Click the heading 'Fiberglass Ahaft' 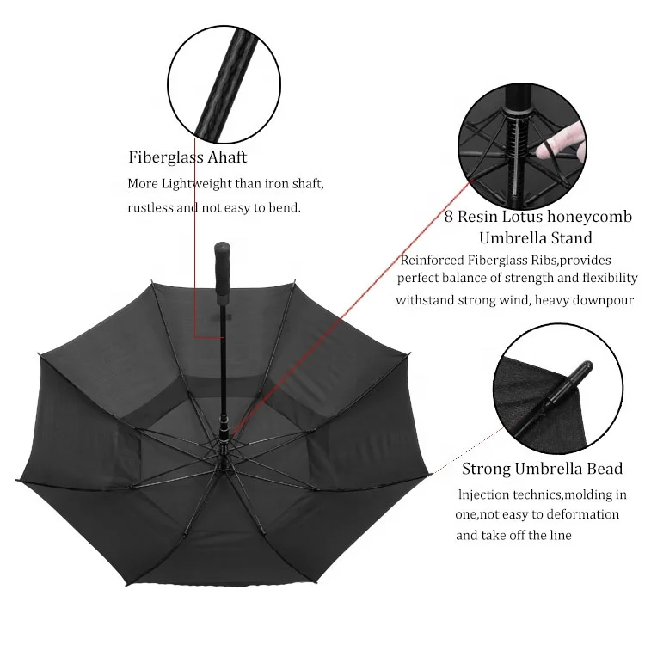coord(187,157)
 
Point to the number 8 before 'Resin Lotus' coord(449,217)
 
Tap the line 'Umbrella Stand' coord(535,237)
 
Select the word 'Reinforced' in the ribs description coord(432,260)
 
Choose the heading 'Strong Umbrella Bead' coord(542,469)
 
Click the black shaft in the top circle coord(221,85)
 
